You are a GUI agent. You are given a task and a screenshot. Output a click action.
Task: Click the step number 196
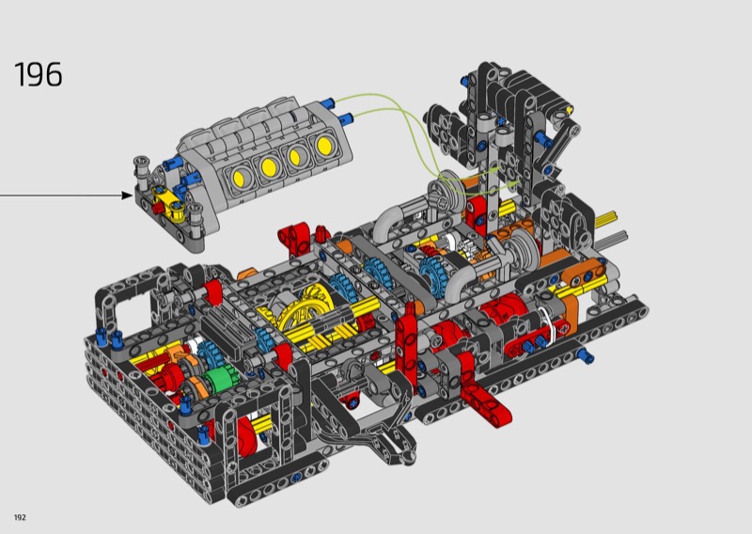(39, 74)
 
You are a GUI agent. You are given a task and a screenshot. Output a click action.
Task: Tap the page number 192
(20, 517)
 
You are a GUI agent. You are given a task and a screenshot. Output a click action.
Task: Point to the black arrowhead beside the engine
(127, 196)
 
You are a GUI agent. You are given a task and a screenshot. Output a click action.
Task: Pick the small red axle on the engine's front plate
(156, 207)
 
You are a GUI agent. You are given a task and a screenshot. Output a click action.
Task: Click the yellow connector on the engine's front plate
(168, 203)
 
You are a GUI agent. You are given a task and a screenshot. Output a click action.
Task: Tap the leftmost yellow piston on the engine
(239, 178)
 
